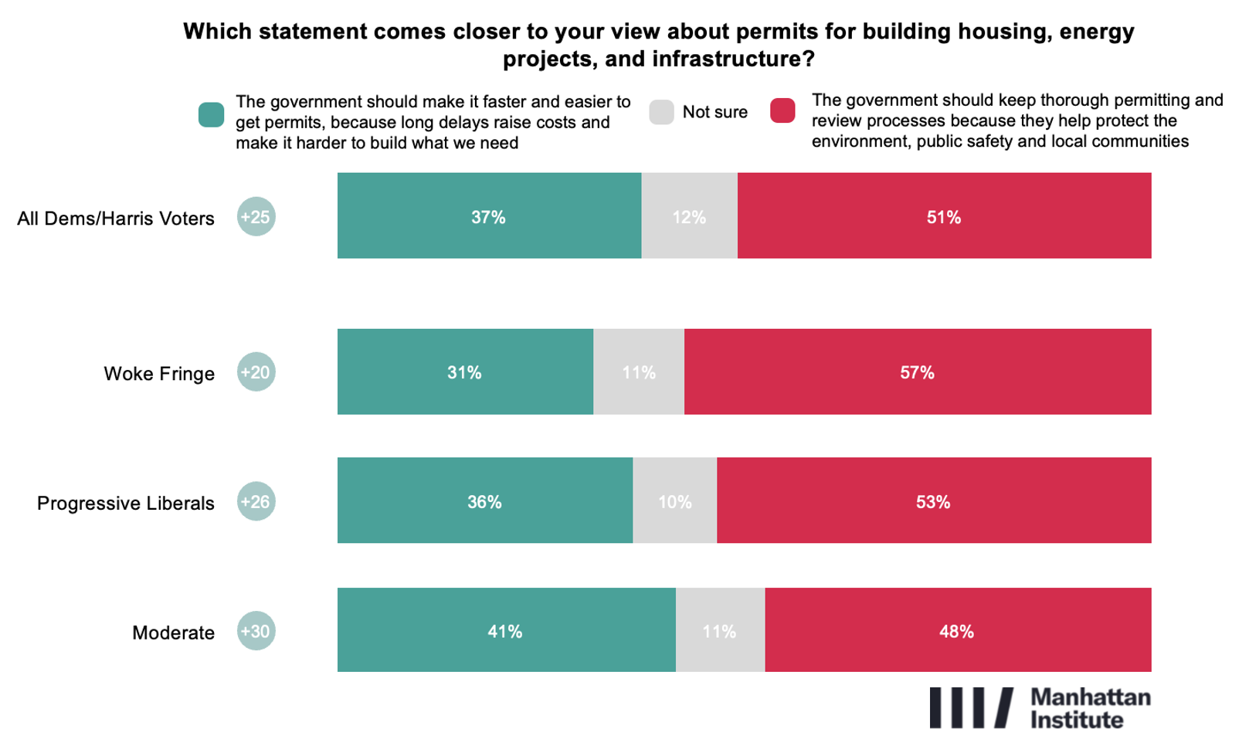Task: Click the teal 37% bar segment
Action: point(489,216)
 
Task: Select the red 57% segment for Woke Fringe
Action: point(917,372)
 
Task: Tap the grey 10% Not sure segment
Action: point(674,501)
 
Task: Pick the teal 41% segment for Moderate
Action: point(506,630)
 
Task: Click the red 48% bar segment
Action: point(957,630)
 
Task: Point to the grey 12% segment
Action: point(689,216)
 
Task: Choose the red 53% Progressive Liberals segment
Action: point(933,501)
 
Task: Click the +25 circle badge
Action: point(256,217)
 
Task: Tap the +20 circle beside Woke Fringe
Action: point(256,372)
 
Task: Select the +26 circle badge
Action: point(256,502)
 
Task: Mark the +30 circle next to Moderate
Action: point(256,631)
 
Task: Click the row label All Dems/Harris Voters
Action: point(116,219)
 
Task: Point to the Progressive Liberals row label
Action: point(126,504)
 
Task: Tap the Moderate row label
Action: point(173,633)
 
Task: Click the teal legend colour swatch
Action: point(211,114)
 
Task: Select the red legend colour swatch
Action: point(782,110)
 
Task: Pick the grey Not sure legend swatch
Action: point(661,112)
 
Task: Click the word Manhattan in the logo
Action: point(1090,697)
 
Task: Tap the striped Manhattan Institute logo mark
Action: point(970,707)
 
